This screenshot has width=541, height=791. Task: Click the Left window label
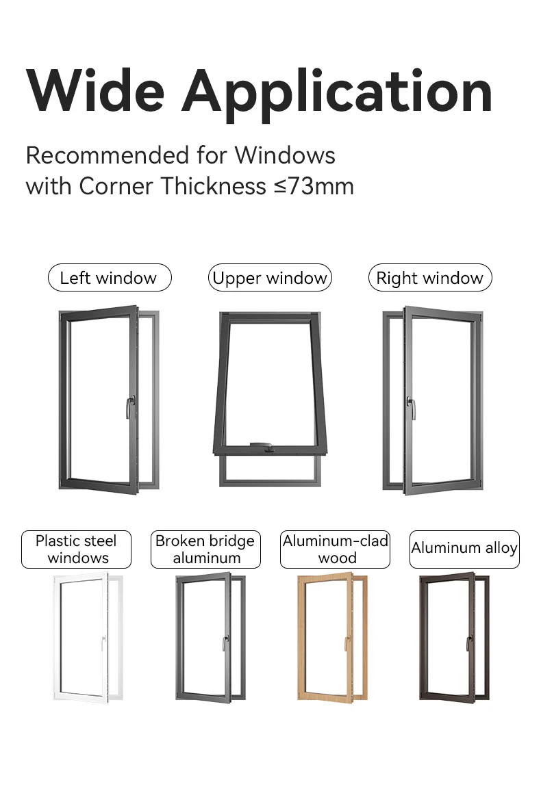109,278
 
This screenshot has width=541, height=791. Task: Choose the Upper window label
270,278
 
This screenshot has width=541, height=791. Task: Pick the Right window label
430,278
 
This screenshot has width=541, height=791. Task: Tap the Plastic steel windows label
76,549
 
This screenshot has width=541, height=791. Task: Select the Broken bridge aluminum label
205,549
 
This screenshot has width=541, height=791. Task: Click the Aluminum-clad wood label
335,549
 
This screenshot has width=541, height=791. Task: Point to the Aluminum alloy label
464,549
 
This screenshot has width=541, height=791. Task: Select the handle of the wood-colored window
347,643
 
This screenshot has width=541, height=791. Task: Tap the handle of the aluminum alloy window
469,643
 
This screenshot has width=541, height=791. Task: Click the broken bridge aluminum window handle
225,643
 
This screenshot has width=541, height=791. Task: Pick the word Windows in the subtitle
285,155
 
